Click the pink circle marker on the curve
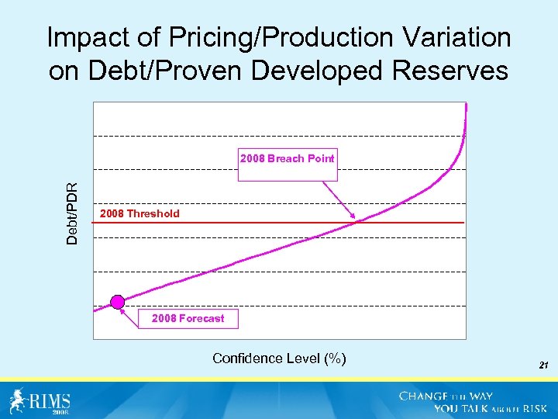[x=117, y=302]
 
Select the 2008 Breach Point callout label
[x=288, y=158]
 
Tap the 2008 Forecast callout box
[x=188, y=318]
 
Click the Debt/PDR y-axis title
[x=72, y=213]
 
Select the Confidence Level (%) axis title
[x=279, y=358]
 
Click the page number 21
[x=543, y=363]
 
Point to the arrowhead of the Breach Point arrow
[x=354, y=216]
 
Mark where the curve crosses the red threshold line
[x=358, y=223]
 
